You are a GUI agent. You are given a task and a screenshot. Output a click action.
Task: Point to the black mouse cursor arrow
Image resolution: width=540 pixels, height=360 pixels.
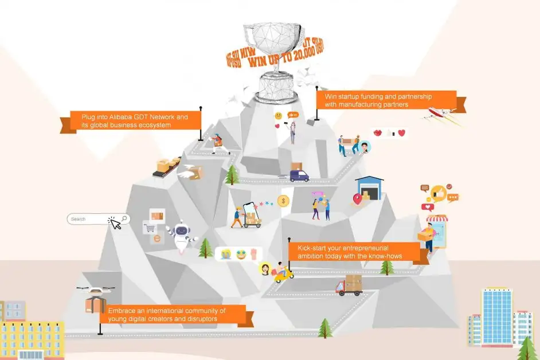115,224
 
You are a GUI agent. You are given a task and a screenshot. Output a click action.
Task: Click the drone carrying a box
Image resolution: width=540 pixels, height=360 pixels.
95,299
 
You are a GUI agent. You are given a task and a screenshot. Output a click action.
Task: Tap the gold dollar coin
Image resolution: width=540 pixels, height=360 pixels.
282,201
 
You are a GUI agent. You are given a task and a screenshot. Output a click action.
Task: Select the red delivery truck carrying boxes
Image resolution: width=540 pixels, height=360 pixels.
350,285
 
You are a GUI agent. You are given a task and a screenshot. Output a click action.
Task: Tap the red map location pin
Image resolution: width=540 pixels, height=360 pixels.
358,199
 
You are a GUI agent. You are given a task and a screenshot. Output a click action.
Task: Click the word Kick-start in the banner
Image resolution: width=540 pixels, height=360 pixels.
310,248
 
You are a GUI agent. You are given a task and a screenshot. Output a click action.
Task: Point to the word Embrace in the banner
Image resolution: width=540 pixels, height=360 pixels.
121,310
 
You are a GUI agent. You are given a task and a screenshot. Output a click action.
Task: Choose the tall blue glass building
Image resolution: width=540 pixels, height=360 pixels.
496,316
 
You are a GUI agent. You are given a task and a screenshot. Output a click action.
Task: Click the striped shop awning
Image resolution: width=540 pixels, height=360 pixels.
437,218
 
